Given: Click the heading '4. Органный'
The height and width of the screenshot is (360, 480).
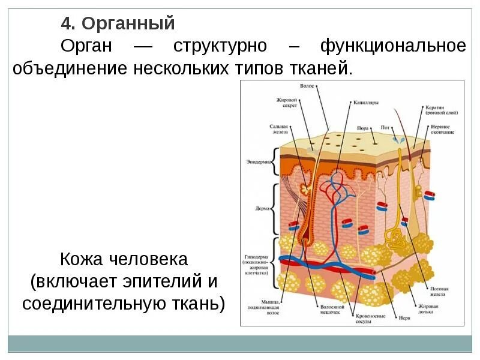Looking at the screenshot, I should (118, 24).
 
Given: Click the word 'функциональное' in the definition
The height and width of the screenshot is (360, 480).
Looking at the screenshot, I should (392, 46).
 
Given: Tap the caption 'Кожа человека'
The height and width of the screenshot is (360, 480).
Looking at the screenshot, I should (124, 260).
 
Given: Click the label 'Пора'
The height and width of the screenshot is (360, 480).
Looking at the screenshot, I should (362, 127).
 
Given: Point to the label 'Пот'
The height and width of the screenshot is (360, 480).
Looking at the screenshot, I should (386, 127).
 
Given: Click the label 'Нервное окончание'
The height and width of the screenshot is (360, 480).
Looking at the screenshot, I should (442, 130).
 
